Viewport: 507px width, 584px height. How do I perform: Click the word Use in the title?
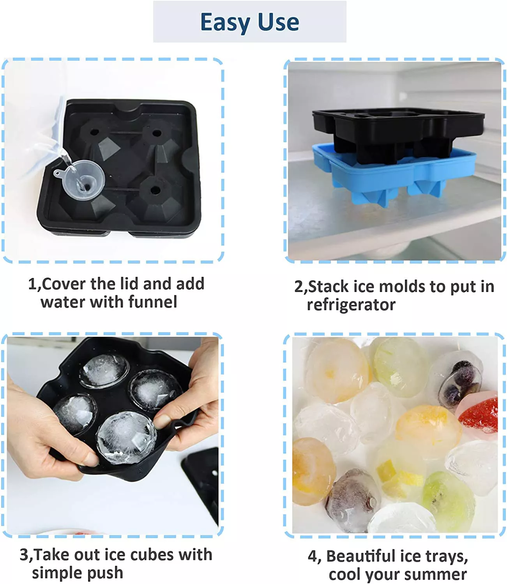point(278,22)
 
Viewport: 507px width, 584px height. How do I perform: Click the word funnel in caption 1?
point(153,302)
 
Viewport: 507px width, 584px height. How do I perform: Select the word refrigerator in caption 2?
point(351,305)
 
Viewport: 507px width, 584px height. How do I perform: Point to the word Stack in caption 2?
point(329,287)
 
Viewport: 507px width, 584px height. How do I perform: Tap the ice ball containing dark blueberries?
point(459,381)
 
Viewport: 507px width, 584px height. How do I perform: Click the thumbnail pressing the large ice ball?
point(162,421)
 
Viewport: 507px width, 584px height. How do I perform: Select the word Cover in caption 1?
point(64,284)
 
